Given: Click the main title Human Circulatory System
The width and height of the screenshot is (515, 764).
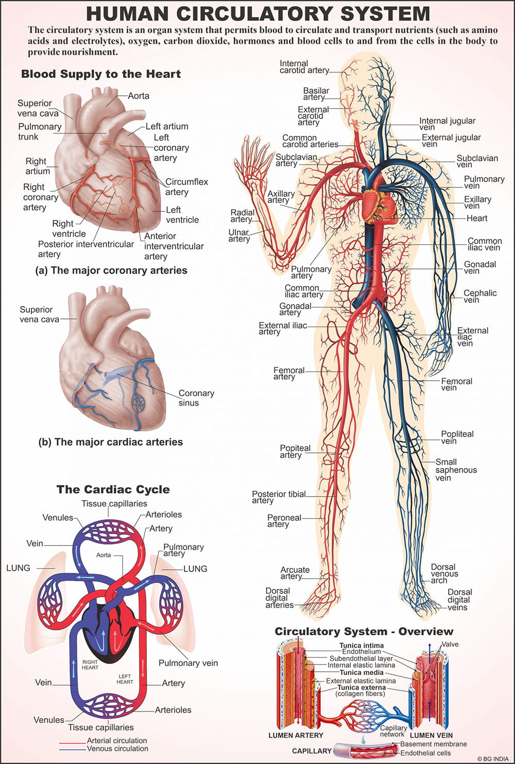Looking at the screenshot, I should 257,13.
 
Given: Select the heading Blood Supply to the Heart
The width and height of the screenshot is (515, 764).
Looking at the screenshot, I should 101,74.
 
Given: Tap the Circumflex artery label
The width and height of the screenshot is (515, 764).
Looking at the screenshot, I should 186,187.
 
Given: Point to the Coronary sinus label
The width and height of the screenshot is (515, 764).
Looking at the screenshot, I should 196,398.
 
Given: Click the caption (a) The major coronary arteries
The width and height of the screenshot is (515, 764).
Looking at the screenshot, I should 111,270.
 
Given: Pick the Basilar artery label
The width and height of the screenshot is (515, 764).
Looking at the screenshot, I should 316,94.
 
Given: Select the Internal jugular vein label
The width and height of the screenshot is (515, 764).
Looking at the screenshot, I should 447,124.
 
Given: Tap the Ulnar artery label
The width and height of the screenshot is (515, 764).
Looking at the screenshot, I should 239,235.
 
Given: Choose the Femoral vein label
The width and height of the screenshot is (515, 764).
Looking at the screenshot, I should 456,384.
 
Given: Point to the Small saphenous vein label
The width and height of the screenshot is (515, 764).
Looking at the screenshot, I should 456,470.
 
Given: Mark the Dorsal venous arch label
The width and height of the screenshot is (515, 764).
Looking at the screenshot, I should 444,573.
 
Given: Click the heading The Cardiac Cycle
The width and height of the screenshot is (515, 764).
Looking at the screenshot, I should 113,489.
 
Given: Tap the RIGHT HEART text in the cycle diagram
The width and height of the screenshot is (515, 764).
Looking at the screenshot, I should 90,665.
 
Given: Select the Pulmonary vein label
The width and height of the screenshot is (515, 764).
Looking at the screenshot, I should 188,663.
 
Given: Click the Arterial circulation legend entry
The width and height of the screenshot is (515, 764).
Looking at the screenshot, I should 117,740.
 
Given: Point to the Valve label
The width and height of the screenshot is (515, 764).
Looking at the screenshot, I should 450,644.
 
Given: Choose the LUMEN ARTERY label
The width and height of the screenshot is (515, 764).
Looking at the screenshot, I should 296,735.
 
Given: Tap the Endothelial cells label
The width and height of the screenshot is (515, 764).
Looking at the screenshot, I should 425,753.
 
